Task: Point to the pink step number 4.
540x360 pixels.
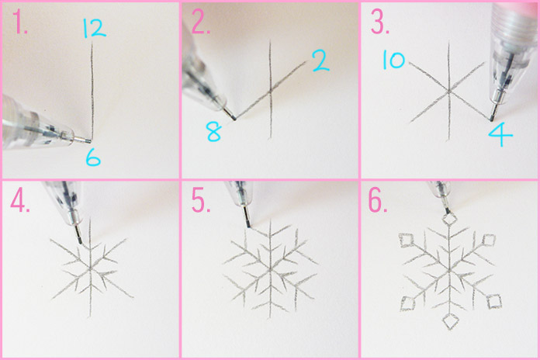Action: pyautogui.click(x=19, y=203)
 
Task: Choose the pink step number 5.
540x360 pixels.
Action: pyautogui.click(x=201, y=203)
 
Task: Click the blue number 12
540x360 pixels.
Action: pyautogui.click(x=93, y=29)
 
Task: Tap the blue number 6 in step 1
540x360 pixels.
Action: pyautogui.click(x=92, y=159)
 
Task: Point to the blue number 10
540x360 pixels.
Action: pyautogui.click(x=393, y=61)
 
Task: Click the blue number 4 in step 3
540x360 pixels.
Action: pyautogui.click(x=500, y=137)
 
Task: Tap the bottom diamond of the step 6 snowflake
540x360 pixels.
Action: pyautogui.click(x=450, y=321)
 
